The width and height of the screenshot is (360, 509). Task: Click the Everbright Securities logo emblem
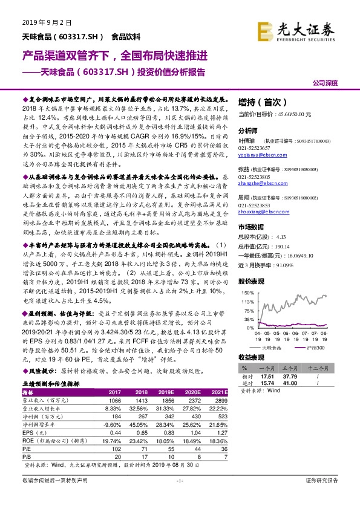pyautogui.click(x=264, y=30)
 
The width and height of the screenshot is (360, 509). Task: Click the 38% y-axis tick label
pyautogui.click(x=246, y=318)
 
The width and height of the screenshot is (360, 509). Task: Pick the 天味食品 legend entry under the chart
pyautogui.click(x=270, y=348)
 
